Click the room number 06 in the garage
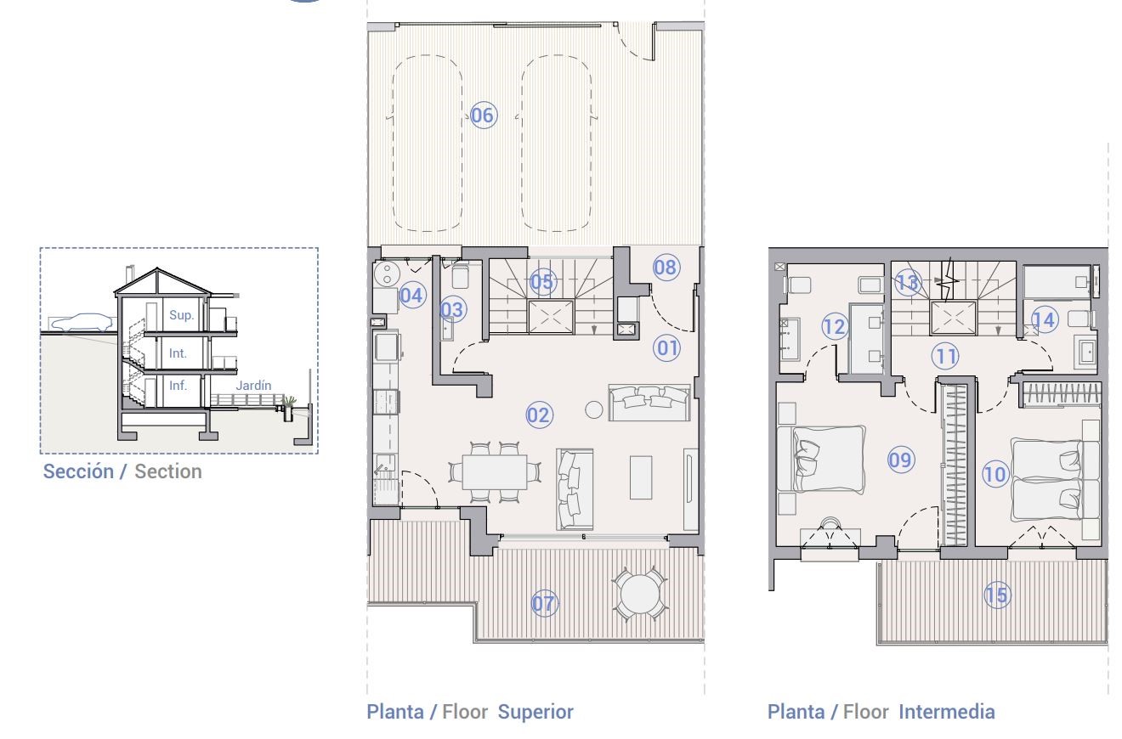(484, 116)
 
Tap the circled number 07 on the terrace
(544, 603)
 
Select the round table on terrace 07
(640, 595)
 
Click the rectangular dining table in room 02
(494, 471)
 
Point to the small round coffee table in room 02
(593, 410)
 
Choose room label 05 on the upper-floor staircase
(542, 282)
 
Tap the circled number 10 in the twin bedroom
(994, 474)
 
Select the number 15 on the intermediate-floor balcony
(997, 595)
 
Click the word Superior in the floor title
(535, 712)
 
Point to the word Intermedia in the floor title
(947, 712)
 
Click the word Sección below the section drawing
(79, 471)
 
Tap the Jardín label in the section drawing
(253, 386)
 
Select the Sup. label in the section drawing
(181, 315)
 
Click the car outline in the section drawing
(82, 323)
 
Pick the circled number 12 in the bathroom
(835, 327)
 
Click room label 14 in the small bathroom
(1045, 320)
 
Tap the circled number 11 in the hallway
(945, 357)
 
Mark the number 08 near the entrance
(666, 268)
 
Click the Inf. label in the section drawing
(178, 386)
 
